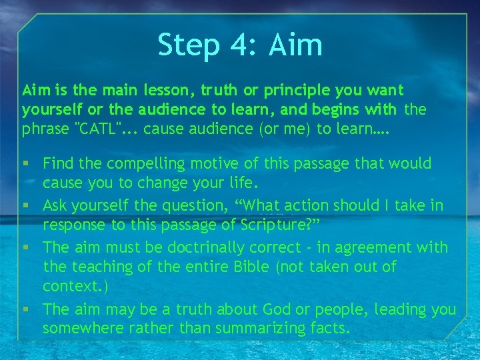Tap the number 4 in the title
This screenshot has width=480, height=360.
[237, 45]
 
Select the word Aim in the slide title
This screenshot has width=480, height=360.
[296, 45]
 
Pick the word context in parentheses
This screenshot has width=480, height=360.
[67, 286]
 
